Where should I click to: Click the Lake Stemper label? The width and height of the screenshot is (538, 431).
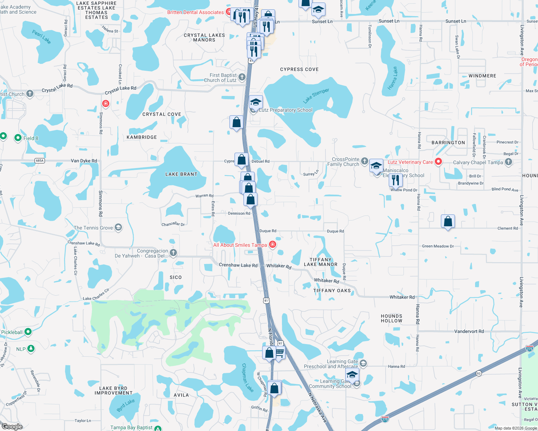tap(316, 96)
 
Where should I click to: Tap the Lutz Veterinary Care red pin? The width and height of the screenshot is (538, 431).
tap(438, 162)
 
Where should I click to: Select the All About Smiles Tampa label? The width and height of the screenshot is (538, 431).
tap(240, 245)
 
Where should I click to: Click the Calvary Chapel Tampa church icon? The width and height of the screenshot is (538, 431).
tap(508, 162)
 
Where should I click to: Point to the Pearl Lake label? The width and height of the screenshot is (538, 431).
tap(41, 37)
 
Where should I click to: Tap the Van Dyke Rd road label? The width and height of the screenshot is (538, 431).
tap(84, 161)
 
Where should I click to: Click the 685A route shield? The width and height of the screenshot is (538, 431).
tap(40, 161)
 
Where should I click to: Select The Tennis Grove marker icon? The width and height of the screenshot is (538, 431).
tap(118, 227)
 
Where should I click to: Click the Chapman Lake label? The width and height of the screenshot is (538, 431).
tap(247, 377)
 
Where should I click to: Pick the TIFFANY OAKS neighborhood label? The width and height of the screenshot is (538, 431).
tap(332, 291)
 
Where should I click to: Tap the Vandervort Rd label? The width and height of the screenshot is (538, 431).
tap(469, 331)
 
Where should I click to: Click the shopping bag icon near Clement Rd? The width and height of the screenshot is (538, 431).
tap(448, 221)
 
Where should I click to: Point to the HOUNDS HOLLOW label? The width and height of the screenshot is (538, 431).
tap(392, 318)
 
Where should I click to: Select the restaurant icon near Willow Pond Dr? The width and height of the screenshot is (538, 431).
tap(396, 180)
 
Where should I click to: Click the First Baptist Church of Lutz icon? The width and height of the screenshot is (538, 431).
tap(242, 77)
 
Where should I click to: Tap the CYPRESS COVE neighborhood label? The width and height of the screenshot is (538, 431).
tap(299, 69)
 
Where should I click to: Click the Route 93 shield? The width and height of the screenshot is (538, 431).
tap(478, 373)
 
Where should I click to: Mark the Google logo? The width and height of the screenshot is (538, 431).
tap(12, 426)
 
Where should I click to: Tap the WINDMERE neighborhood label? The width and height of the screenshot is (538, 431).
tap(482, 76)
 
